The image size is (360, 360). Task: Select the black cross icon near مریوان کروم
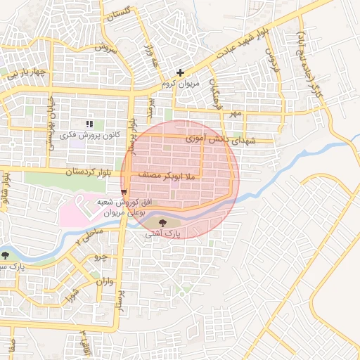[x=181, y=72]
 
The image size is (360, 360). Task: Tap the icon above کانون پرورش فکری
[x=89, y=123]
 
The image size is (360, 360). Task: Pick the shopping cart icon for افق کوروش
[x=124, y=191]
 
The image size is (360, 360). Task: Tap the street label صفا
[x=11, y=345]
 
